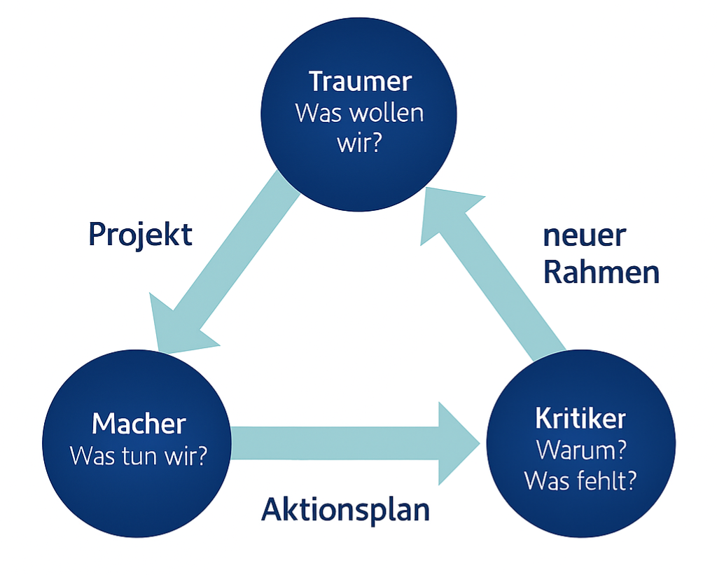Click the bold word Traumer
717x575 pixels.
[x=359, y=82]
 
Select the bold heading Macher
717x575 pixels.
[x=139, y=424]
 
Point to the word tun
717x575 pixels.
[x=143, y=456]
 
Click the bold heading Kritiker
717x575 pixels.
[x=580, y=418]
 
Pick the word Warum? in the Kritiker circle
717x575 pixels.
[x=580, y=450]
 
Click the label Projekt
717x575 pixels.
[x=140, y=235]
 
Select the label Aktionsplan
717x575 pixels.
[x=345, y=510]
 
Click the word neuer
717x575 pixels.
[x=583, y=237]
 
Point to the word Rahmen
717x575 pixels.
[x=601, y=273]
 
